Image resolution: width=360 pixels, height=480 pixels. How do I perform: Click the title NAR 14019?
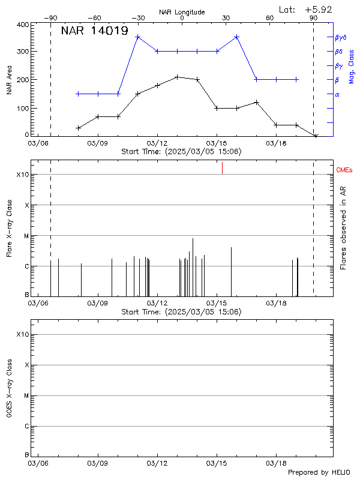[95, 31]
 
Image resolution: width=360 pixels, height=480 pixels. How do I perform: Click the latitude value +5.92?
[319, 10]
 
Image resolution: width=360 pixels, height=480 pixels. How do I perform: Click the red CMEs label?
[344, 170]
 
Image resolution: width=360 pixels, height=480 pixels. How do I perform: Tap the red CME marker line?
[222, 168]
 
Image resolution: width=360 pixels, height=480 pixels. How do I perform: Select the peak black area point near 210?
[177, 77]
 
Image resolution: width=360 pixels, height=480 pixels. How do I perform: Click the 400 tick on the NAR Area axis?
[22, 25]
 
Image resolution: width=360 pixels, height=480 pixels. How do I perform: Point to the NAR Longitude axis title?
[182, 12]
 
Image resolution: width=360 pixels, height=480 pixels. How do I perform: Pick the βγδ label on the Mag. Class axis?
[340, 37]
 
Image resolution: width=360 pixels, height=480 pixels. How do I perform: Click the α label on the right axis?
[337, 94]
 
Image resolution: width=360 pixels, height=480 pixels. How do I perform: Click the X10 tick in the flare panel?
[22, 175]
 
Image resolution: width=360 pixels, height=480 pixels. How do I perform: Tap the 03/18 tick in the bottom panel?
[275, 463]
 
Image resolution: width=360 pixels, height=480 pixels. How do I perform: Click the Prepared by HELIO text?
[319, 473]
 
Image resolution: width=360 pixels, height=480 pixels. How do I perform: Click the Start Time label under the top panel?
[181, 152]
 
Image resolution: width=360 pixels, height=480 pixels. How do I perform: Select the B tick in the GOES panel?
[26, 455]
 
